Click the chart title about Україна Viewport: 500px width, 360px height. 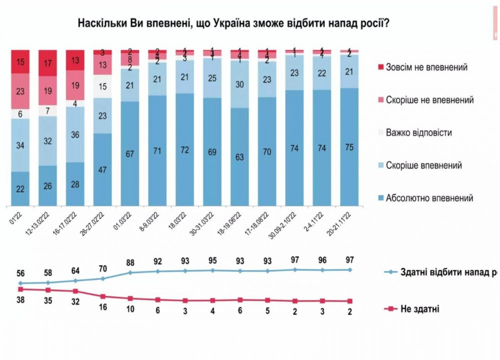pos(234,23)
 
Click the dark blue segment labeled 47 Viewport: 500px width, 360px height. pos(102,169)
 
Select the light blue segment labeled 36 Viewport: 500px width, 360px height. pos(75,134)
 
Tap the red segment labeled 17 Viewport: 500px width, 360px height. pos(48,64)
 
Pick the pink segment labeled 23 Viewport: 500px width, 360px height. pos(20,91)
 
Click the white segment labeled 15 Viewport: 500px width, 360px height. pos(102,86)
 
